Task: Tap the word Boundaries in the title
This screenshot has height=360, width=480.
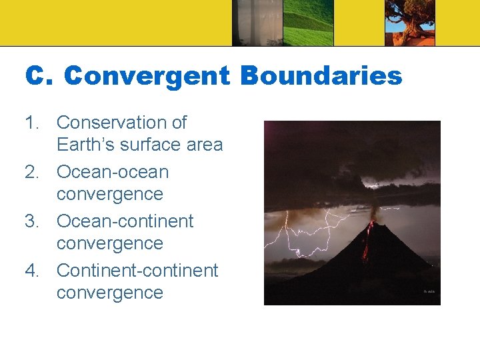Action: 321,76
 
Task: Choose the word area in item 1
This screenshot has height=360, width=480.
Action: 205,145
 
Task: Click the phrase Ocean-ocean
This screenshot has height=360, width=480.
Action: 113,172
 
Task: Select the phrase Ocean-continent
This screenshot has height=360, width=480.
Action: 125,221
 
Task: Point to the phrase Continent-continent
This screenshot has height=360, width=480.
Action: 137,271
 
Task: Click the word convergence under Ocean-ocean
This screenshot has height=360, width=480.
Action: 109,194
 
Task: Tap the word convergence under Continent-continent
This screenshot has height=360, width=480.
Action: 109,293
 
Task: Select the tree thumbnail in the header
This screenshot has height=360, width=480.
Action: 409,23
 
